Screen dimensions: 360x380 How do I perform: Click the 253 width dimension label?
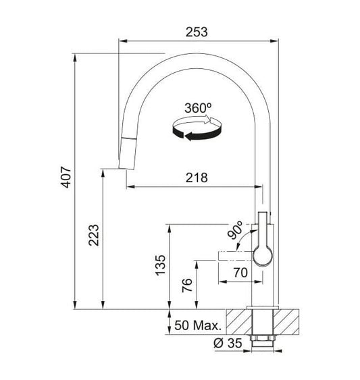pyautogui.click(x=197, y=32)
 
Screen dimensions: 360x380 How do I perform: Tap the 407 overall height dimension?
pyautogui.click(x=66, y=177)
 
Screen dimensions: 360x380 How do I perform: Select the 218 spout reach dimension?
pyautogui.click(x=197, y=178)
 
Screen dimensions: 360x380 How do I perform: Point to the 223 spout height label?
pyautogui.click(x=94, y=235)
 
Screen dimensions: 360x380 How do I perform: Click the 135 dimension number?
pyautogui.click(x=160, y=265)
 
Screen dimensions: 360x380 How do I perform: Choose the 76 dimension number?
pyautogui.click(x=187, y=286)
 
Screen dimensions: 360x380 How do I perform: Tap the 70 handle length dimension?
pyautogui.click(x=240, y=273)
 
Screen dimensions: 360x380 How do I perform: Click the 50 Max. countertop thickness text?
pyautogui.click(x=198, y=325)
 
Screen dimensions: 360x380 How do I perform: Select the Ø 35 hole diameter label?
pyautogui.click(x=228, y=343)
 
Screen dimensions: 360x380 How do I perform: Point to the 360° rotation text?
pyautogui.click(x=198, y=108)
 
